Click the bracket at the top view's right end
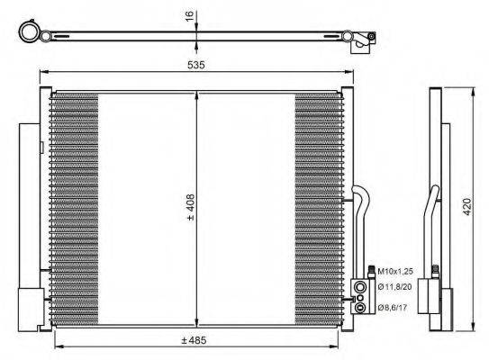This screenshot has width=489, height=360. pos(362,38)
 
